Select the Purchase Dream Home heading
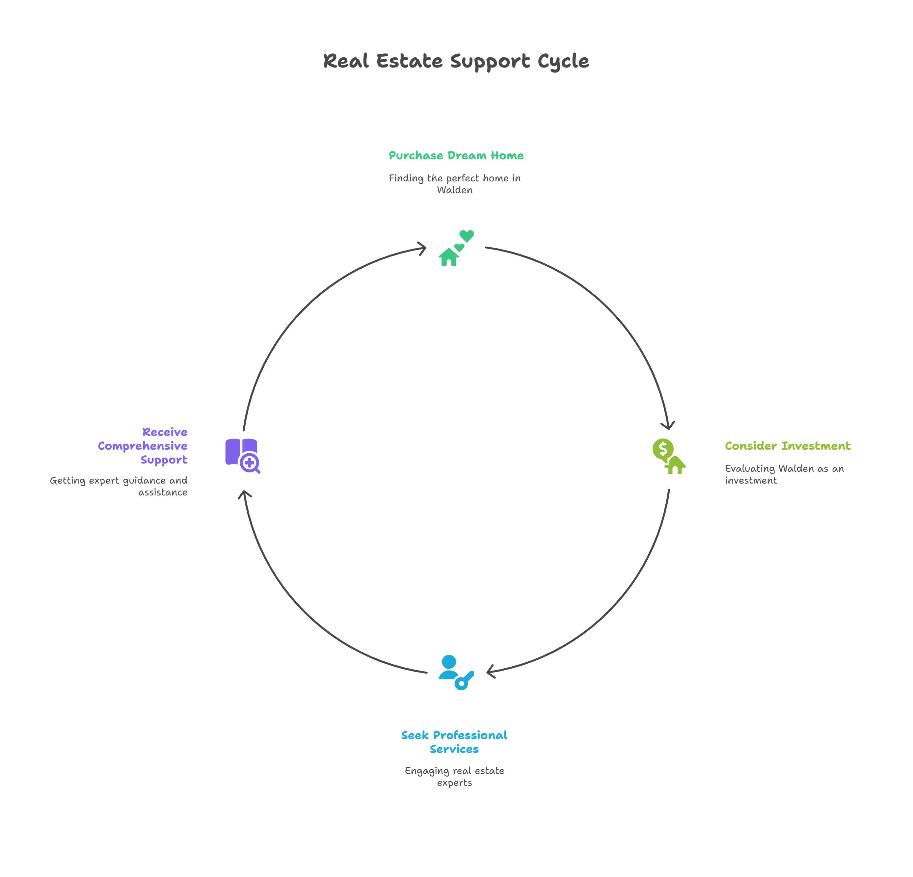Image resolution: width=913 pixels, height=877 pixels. (x=456, y=156)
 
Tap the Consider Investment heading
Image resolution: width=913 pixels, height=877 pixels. (x=787, y=446)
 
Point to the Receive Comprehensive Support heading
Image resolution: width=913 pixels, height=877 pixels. (x=143, y=446)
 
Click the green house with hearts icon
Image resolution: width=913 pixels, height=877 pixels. (x=456, y=248)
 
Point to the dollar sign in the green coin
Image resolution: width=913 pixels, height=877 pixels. (x=663, y=448)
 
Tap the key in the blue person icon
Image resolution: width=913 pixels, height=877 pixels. (x=464, y=680)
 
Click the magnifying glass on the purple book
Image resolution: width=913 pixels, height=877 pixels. (x=250, y=463)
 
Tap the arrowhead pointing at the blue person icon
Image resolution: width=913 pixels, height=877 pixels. (x=491, y=672)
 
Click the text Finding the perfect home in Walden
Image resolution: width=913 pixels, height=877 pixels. (x=455, y=184)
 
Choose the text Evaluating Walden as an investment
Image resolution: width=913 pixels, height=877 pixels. (x=784, y=474)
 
